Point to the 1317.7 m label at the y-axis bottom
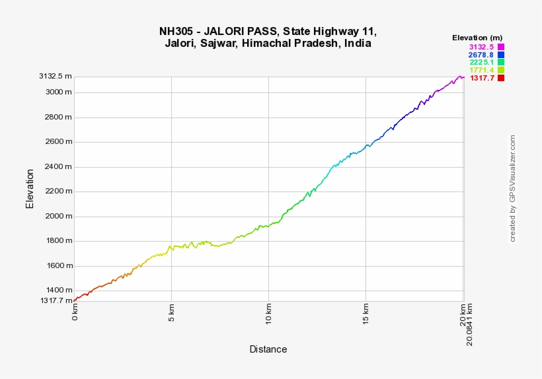(56, 300)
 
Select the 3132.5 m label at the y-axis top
(56, 77)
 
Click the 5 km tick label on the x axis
(171, 312)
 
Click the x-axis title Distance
(268, 349)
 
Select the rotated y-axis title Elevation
(30, 189)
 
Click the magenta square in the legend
(500, 47)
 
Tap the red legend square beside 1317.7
(500, 78)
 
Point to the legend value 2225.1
(481, 63)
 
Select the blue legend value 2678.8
(481, 55)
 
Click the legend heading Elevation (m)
(477, 38)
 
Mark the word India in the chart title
(356, 44)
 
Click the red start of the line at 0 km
(75, 300)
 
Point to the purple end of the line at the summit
(462, 77)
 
